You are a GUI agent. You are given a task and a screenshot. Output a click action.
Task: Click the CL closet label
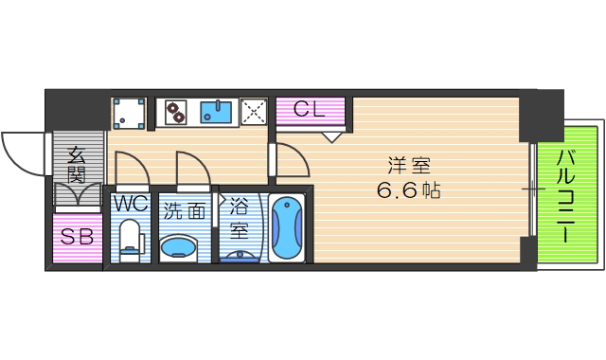click(x=310, y=110)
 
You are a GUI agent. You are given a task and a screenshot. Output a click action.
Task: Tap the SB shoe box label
click(x=77, y=237)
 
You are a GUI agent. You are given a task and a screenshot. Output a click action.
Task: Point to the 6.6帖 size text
click(x=410, y=189)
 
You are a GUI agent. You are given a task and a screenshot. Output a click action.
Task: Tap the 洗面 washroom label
click(x=184, y=210)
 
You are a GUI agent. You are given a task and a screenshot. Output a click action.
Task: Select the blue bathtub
click(x=286, y=230)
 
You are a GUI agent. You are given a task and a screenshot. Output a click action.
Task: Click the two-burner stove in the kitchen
click(x=176, y=113)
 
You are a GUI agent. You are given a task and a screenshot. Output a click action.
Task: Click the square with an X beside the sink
click(x=254, y=113)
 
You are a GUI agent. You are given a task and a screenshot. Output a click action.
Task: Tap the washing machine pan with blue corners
click(x=129, y=113)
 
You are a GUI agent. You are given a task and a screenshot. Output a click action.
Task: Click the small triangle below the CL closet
click(x=330, y=136)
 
